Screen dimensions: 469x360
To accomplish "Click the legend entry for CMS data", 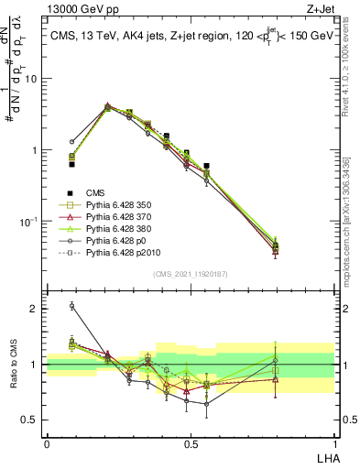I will (x=95, y=192).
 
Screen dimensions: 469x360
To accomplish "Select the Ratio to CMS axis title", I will (x=13, y=365).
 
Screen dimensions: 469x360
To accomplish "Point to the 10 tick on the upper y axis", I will (x=31, y=79).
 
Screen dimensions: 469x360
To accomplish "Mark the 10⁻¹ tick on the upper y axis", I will (x=28, y=222).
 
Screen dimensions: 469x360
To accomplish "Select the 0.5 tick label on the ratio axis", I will (x=31, y=420).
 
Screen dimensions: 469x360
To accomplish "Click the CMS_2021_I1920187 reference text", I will (x=190, y=274).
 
